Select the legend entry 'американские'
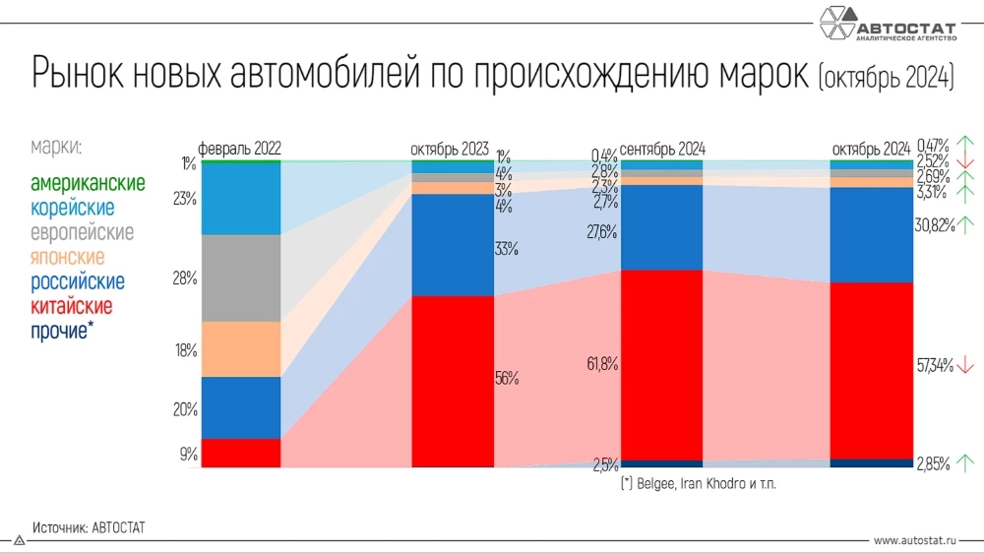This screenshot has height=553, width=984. point(88,184)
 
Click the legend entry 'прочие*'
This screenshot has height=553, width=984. point(62,331)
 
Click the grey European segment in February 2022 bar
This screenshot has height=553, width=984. point(240,277)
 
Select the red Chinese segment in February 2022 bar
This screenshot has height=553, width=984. point(240,453)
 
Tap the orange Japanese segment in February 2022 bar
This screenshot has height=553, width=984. point(240,349)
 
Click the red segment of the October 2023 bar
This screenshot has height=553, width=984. point(452,381)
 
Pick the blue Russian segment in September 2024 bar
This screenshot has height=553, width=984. point(661,227)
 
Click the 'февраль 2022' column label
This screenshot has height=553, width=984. point(240,150)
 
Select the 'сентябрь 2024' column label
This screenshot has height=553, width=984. point(663,150)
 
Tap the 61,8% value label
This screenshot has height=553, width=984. point(601,365)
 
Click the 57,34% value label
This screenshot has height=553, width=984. point(935,366)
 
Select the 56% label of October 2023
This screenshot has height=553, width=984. point(507,378)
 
